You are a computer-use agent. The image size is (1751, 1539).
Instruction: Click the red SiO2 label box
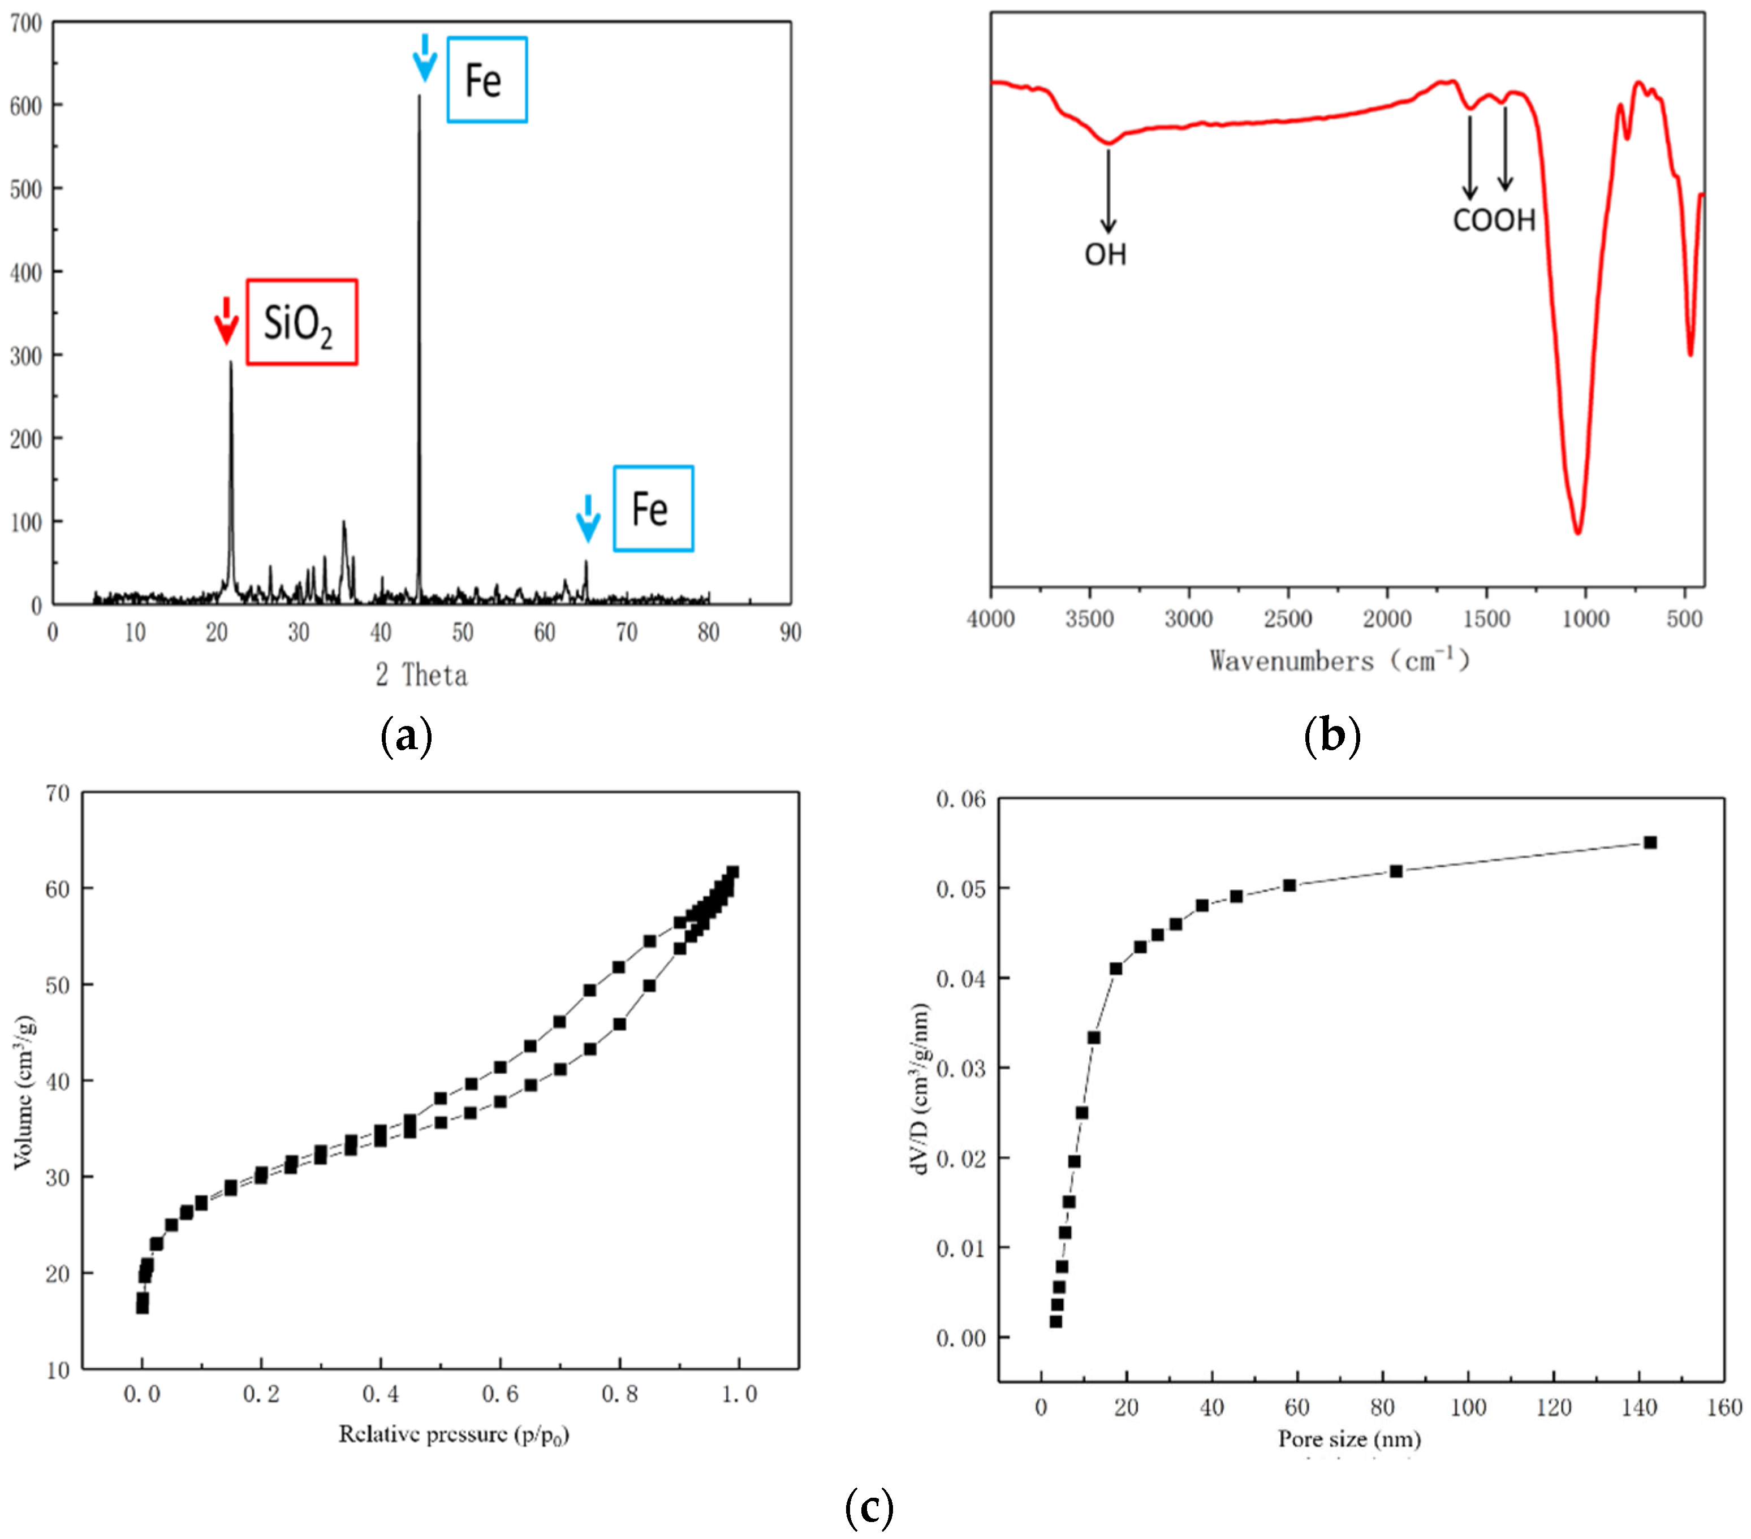tap(301, 322)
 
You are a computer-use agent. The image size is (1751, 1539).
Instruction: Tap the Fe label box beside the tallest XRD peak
tap(486, 80)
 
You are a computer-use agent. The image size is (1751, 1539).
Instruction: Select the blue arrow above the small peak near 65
tap(588, 517)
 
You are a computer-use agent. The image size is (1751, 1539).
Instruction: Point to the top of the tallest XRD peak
tap(419, 97)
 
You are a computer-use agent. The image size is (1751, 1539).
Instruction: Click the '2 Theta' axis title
tap(421, 676)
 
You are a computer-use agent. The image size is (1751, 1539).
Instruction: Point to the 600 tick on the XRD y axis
tap(25, 106)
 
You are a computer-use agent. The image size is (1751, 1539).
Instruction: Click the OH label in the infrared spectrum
tap(1105, 254)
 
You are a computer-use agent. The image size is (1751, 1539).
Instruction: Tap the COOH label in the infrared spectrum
tap(1494, 220)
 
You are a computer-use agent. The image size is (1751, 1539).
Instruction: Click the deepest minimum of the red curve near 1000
tap(1577, 532)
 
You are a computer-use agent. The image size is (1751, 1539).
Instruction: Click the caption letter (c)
tap(869, 1508)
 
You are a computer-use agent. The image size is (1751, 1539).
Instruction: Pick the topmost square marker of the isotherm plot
tap(732, 872)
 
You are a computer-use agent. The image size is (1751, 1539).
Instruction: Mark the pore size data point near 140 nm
tap(1650, 843)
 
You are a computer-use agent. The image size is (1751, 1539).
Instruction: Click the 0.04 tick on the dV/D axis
tap(960, 978)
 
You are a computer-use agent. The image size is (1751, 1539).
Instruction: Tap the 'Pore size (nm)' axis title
tap(1349, 1439)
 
